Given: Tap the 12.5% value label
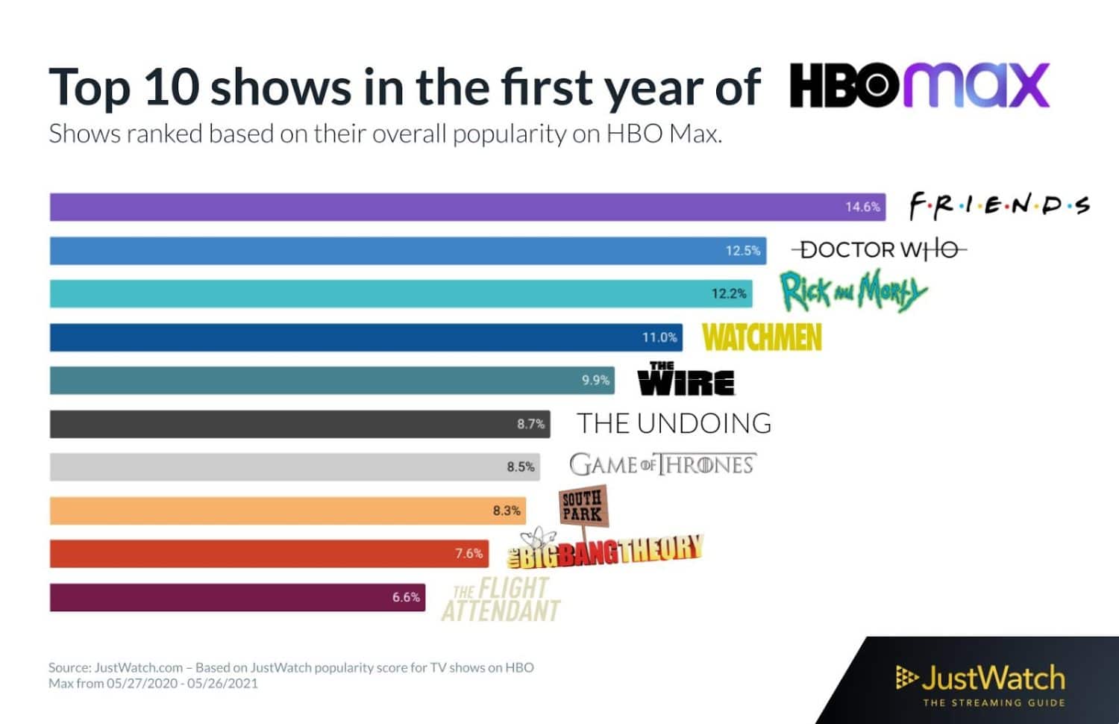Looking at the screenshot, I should [x=742, y=251].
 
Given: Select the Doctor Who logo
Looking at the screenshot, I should [x=879, y=249].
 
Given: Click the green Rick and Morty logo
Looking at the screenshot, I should [x=853, y=291].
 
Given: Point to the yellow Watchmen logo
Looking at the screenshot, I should [x=762, y=337].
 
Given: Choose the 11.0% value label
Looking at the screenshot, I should [x=659, y=337].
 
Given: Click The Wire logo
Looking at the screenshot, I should [x=686, y=379].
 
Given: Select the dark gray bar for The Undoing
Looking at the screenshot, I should [x=298, y=424].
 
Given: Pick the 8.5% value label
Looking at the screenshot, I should [x=521, y=467].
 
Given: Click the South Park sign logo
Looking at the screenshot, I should [x=583, y=506].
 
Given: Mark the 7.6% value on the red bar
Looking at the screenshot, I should [x=468, y=554].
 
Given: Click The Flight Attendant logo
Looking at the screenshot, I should [x=501, y=599].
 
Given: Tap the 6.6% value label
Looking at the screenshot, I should [x=406, y=597].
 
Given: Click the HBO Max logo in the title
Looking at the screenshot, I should [x=919, y=86].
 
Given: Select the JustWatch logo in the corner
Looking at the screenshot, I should [x=981, y=683].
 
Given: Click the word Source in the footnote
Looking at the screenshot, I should [x=69, y=667].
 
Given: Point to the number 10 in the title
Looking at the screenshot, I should [x=171, y=87].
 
